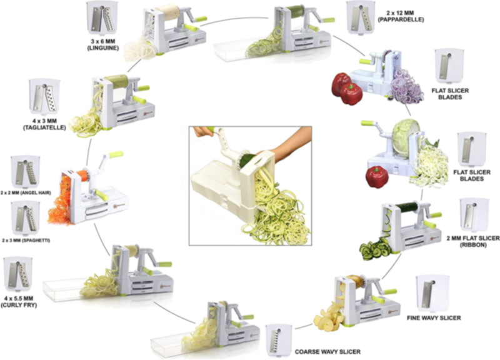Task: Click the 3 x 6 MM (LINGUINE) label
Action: coord(102,44)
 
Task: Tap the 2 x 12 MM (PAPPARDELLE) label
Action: coord(401,16)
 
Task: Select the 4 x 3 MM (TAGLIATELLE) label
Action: coord(44,124)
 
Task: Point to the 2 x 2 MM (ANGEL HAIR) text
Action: coord(26,193)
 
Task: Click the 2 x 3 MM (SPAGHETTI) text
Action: coord(26,241)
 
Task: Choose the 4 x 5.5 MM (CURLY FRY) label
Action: coord(19,302)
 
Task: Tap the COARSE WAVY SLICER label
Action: coord(327,352)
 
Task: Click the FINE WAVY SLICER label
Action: coord(434,318)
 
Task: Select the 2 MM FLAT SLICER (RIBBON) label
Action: coord(473,241)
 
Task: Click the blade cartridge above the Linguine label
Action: coord(102,18)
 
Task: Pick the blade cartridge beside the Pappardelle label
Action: coord(361,17)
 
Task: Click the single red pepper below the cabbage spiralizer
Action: coord(377,177)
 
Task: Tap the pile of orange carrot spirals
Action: coord(59,200)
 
